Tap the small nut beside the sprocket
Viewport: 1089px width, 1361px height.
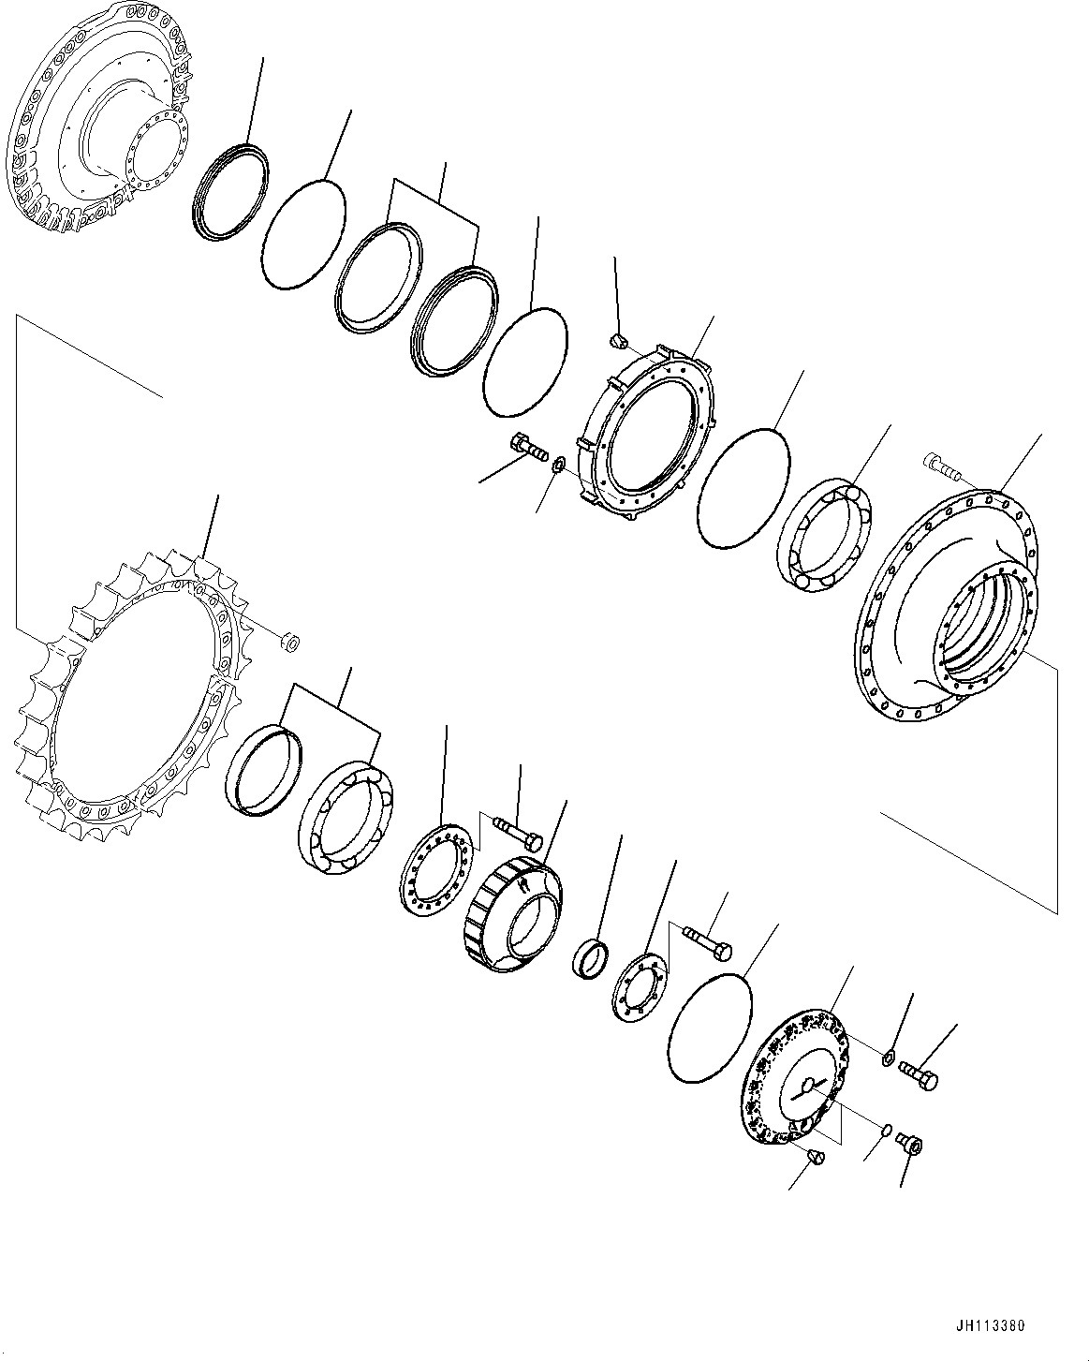(290, 642)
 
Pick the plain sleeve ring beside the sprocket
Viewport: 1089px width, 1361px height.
(265, 767)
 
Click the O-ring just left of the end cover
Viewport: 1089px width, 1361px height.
(709, 1028)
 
